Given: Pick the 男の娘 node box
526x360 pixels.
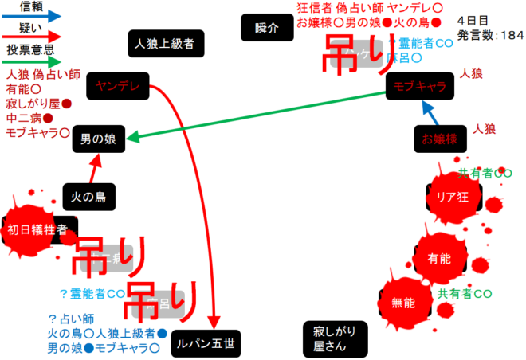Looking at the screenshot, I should coord(98,139).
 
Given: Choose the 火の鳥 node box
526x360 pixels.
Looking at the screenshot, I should coord(89,194).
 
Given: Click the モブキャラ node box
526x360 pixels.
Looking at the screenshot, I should coord(420,87).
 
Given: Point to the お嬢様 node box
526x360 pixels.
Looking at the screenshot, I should coord(439,139).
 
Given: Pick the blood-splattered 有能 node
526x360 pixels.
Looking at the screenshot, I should coord(439,259).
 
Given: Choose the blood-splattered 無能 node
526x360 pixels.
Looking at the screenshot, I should coord(403,302).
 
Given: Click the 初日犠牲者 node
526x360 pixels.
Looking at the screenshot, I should coord(38,230).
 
